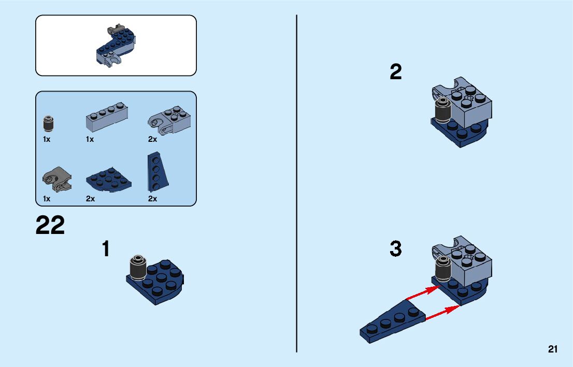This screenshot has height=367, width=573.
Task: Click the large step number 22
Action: coord(50,225)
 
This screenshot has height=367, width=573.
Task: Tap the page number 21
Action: coord(552,349)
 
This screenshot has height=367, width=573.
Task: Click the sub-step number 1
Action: coord(106,248)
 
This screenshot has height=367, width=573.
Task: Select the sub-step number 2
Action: coord(396,71)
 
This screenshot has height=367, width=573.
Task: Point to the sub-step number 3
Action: coord(396,248)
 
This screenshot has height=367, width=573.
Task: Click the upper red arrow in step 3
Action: coord(423,293)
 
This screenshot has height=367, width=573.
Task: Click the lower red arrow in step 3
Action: coord(442,313)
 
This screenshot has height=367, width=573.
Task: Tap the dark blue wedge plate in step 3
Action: coord(393,321)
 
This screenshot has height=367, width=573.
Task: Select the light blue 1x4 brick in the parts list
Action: coord(107,117)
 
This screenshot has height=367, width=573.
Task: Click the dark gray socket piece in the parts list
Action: coord(57,179)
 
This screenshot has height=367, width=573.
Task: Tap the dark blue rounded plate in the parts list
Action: coord(108,179)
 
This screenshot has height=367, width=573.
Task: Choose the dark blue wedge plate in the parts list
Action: coord(157,172)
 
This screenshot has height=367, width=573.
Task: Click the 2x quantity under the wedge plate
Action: coord(152,199)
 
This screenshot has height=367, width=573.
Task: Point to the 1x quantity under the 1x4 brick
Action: coord(90,139)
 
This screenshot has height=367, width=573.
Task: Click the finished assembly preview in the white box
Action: coord(116,46)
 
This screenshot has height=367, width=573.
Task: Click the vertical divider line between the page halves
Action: coord(296,183)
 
